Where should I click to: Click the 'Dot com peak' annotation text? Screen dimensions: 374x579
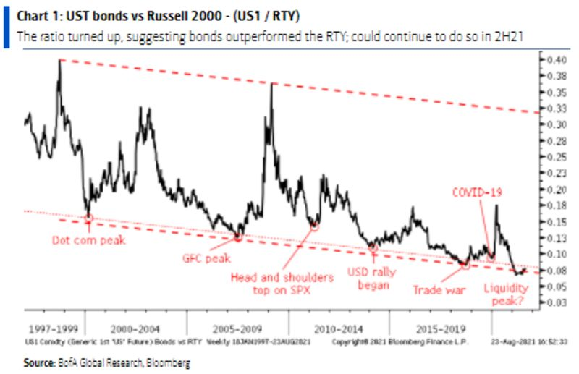[88, 240]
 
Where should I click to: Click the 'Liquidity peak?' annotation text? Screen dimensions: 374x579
[506, 292]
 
